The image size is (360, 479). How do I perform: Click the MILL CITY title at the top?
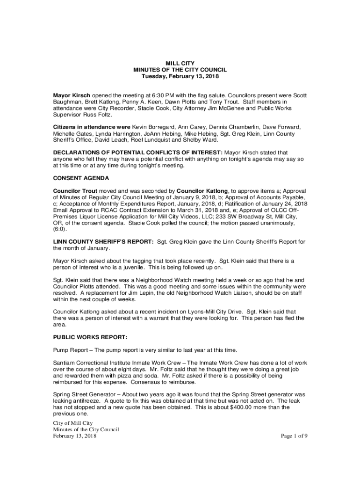pyautogui.click(x=180, y=63)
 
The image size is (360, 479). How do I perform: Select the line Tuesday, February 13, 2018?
pyautogui.click(x=180, y=76)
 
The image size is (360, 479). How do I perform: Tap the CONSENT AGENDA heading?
pyautogui.click(x=81, y=178)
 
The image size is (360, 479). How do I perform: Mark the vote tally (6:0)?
pyautogui.click(x=60, y=229)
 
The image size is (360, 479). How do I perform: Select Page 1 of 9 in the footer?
pyautogui.click(x=294, y=436)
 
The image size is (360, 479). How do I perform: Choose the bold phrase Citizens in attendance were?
pyautogui.click(x=92, y=127)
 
